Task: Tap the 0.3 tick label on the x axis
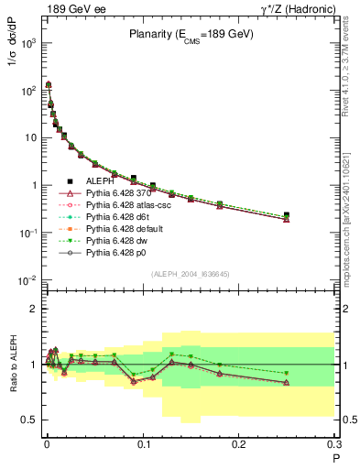pos(334,444)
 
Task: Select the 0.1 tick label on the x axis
pos(143,444)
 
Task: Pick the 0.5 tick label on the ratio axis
pos(29,420)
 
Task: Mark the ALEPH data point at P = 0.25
pos(287,215)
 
